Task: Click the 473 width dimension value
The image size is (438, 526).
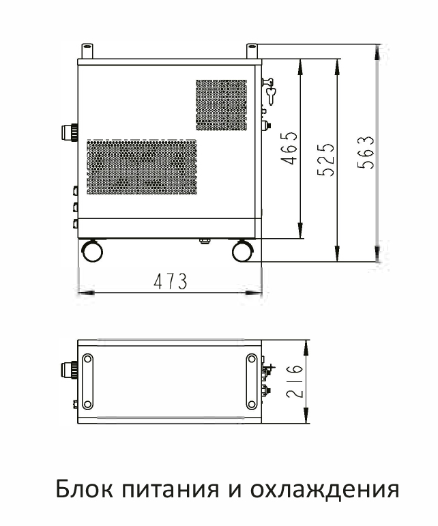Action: point(171,281)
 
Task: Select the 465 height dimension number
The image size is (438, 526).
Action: point(289,148)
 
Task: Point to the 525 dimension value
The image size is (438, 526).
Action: point(326,160)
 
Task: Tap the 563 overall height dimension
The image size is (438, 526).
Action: point(365,152)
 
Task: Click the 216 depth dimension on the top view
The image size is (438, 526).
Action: point(295,381)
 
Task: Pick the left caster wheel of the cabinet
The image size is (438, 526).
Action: point(92,250)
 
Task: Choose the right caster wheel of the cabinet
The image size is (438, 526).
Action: point(243,250)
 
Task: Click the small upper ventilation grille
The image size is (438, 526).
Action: point(221,105)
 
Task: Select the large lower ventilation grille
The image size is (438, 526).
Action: point(142,167)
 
